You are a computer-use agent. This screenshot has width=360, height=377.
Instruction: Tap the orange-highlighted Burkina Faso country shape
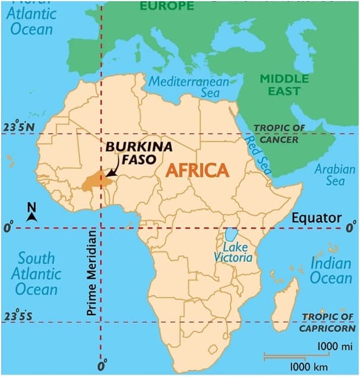[x=93, y=181]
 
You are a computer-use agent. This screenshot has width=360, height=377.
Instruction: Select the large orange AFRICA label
[x=197, y=170]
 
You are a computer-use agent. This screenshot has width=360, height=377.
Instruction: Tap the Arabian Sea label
[x=334, y=174]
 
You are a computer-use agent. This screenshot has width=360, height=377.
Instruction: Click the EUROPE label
[x=166, y=6]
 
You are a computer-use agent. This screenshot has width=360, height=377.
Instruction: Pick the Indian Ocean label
[x=331, y=270]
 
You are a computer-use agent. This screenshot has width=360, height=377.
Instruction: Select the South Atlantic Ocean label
[x=36, y=274]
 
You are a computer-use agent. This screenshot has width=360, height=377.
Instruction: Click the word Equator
[x=316, y=218]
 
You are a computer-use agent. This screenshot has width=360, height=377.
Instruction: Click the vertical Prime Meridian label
[x=91, y=273]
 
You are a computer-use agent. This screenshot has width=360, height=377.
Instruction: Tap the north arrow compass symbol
[x=32, y=212]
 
